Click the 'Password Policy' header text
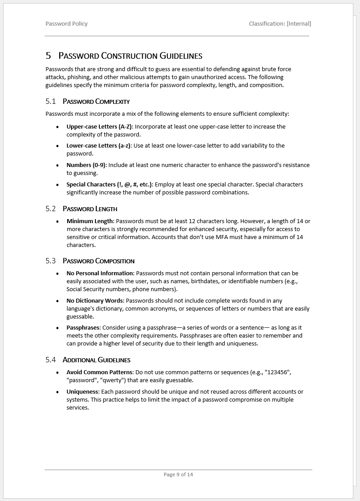[x=66, y=24]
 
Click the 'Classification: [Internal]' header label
[x=280, y=24]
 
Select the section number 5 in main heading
[x=48, y=56]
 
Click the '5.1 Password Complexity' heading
[x=87, y=102]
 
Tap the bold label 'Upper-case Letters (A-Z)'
[x=99, y=127]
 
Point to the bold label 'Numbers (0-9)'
[x=86, y=165]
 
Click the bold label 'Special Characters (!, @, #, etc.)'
[x=110, y=185]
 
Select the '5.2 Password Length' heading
[x=81, y=209]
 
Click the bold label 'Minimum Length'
[x=90, y=221]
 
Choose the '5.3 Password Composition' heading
[x=90, y=261]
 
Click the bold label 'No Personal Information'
[x=100, y=273]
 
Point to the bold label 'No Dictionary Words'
[x=95, y=301]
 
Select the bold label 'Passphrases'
[x=83, y=328]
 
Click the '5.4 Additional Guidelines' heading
[x=87, y=360]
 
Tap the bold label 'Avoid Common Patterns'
[x=99, y=372]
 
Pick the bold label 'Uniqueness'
[x=83, y=392]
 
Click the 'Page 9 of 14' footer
[x=178, y=475]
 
